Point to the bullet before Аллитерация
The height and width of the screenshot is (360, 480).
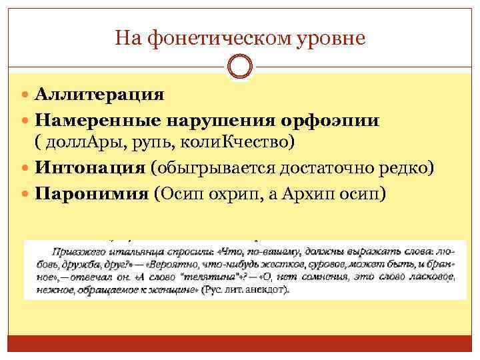(27, 94)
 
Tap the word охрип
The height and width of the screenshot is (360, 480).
(228, 194)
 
